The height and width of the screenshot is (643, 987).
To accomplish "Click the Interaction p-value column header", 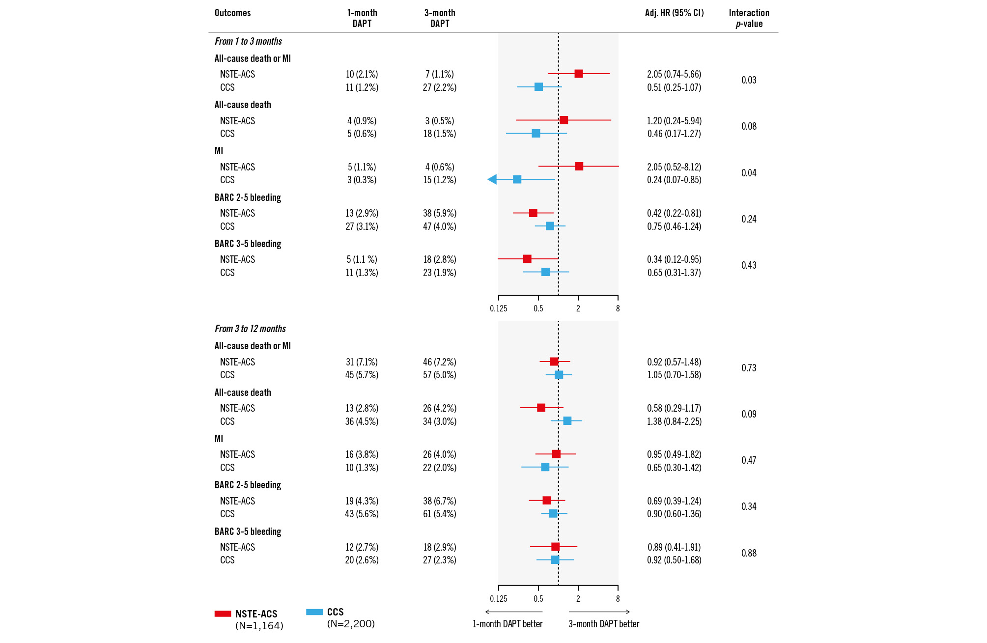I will coord(749,18).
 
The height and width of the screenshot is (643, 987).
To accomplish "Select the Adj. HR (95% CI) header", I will coord(674,13).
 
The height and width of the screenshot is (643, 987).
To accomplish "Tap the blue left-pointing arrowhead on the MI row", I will coord(492,180).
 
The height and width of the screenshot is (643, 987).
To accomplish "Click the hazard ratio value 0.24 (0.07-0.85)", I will coord(674,180).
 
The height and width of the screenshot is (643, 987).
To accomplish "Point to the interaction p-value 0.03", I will coord(749,80).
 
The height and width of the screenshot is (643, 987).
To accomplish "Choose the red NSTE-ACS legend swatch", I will coord(223,614).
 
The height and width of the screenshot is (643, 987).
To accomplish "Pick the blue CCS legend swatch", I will coord(314,612).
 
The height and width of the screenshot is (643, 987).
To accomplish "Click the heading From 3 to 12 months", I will coord(250,329).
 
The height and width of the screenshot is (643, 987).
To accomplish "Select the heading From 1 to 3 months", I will coord(248,41).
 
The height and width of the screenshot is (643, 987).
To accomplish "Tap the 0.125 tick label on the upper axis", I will coord(498,308).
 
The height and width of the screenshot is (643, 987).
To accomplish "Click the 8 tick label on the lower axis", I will coord(618,599).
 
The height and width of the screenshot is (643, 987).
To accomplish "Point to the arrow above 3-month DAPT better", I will coord(599,612).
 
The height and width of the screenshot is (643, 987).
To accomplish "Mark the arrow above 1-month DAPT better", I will coord(513,612).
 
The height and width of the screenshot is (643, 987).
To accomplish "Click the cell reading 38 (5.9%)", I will coord(440,213).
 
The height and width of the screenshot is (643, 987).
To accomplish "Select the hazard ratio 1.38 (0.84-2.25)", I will coord(674,421).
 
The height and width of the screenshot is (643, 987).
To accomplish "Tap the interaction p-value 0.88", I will coord(749,553).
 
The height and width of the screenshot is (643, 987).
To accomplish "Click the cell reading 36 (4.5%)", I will coord(362,421).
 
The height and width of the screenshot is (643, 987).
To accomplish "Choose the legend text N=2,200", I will coord(351,624).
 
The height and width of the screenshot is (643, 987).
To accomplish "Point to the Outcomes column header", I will coord(232,13).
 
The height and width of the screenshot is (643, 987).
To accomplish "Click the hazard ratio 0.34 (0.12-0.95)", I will coord(674,259).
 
